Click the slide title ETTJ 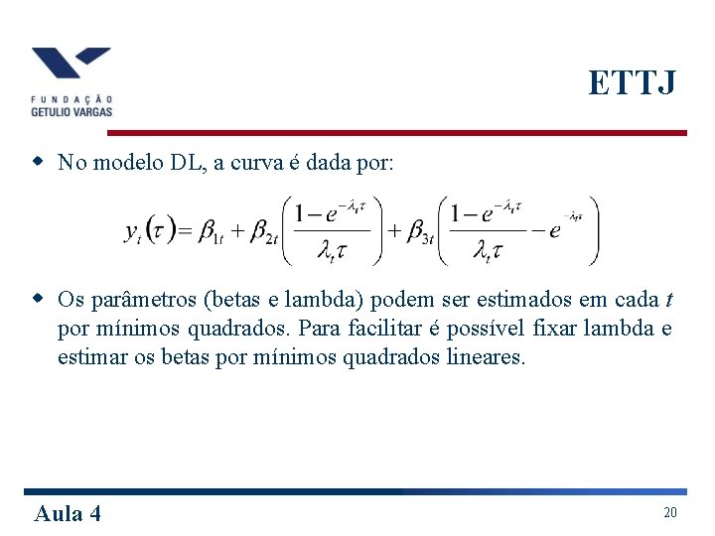(632, 83)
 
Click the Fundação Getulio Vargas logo (71, 81)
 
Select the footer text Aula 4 (68, 512)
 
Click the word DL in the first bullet (187, 162)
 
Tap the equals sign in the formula (185, 231)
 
